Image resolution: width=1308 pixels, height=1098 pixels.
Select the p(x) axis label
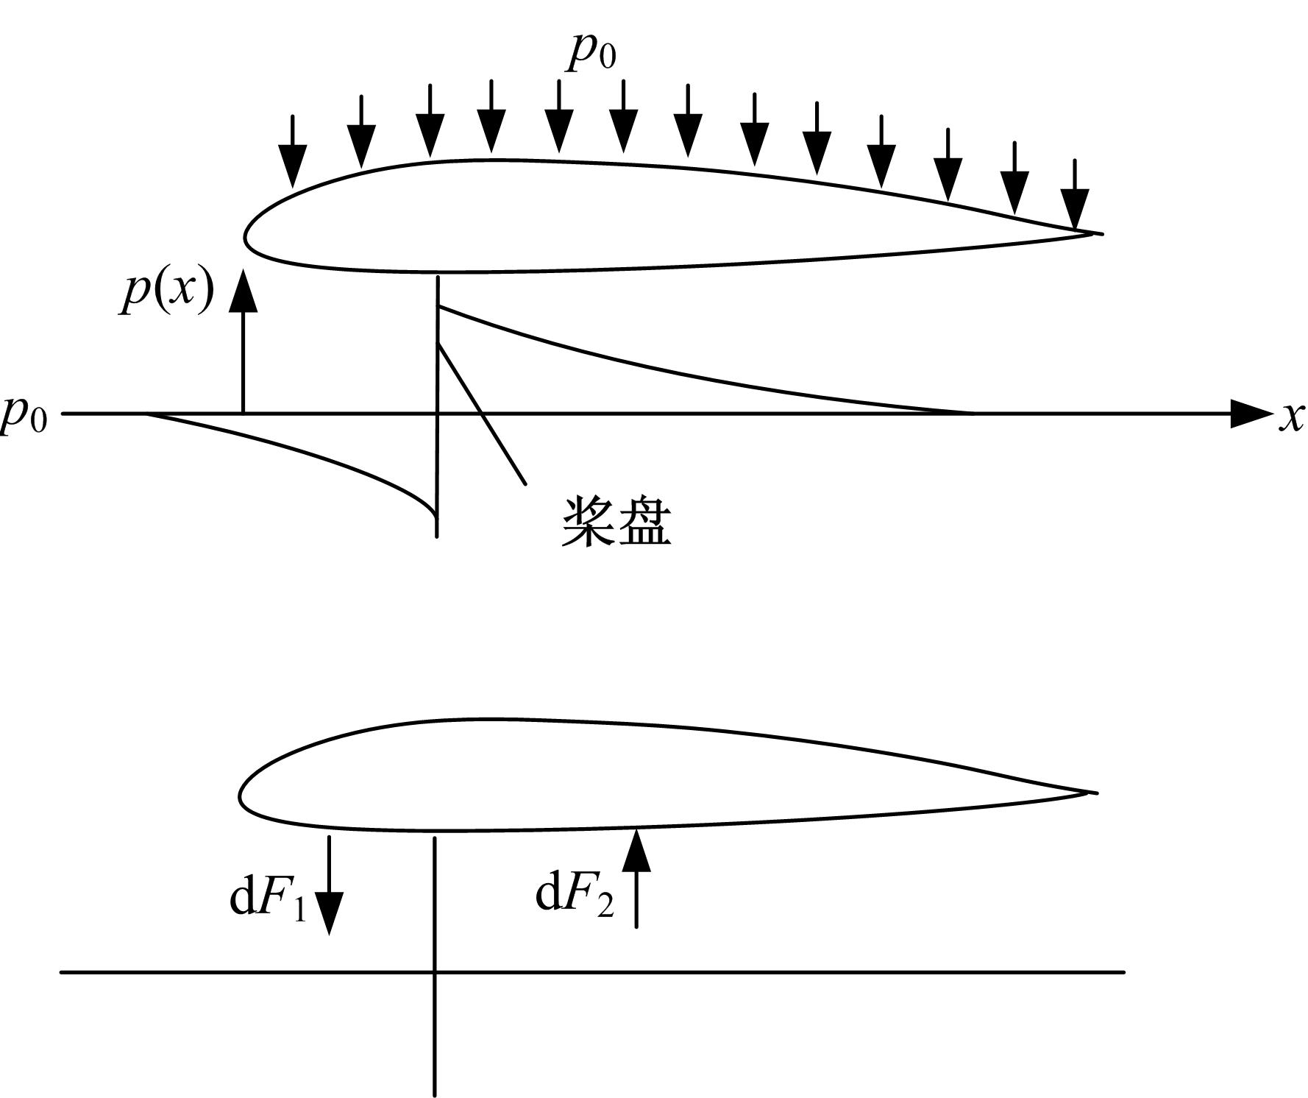coord(168,290)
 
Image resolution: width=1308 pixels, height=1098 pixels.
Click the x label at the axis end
coord(1291,417)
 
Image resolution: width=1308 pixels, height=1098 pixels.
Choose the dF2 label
coord(575,893)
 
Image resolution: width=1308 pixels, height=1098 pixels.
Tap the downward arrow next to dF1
coord(329,885)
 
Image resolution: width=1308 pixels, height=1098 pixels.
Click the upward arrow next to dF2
coord(636,877)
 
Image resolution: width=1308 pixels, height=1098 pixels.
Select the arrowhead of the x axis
coord(1251,414)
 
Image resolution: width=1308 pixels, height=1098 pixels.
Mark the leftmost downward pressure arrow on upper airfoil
coord(293,152)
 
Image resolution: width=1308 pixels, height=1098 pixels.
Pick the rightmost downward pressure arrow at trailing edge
coord(1075,195)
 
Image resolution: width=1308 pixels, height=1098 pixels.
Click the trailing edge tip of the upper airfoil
coord(1102,234)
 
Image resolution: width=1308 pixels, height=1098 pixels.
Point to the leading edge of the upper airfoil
coord(246,237)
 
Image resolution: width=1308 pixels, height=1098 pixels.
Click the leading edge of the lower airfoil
coord(240,796)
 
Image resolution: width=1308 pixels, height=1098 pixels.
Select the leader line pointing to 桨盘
coord(481,414)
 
